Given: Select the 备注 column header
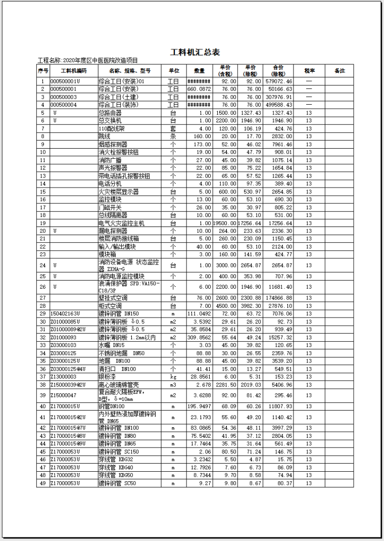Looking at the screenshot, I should (340, 71).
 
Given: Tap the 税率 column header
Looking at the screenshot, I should (310, 71).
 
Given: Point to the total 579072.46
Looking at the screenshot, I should (282, 81).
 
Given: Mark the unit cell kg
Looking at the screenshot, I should (173, 377).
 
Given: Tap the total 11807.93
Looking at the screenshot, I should (282, 406).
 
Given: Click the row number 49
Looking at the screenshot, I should (43, 483).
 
